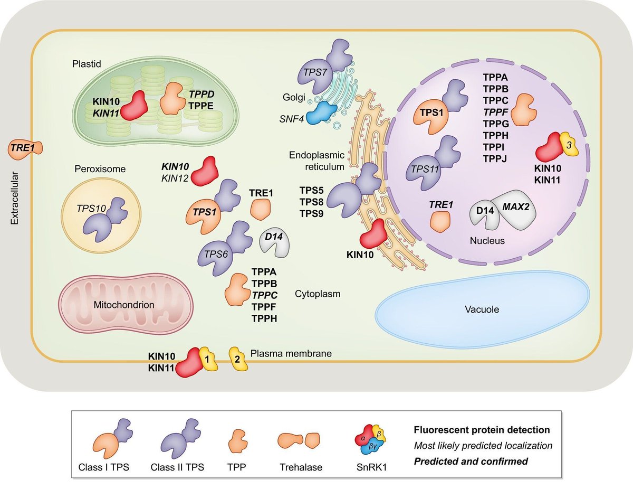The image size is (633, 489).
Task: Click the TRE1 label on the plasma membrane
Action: point(23,148)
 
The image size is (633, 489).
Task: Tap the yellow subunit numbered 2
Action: point(238,359)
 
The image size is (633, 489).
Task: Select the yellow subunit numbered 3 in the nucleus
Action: point(569,144)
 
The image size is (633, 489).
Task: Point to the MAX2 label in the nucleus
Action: point(515,206)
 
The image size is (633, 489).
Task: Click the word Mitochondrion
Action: point(124,305)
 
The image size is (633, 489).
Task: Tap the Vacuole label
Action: point(482,309)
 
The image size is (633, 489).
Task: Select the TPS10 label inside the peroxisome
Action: point(91,208)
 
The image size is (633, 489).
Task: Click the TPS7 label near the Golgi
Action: point(315,72)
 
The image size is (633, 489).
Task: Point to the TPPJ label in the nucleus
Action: point(495,158)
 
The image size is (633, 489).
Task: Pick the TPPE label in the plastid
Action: point(201,106)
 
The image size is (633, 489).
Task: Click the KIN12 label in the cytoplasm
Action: point(175,178)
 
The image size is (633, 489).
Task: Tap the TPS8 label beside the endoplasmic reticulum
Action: point(311,202)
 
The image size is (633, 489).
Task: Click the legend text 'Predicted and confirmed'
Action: point(471,461)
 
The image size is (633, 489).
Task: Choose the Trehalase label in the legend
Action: point(301,467)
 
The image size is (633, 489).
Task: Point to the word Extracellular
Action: point(14,198)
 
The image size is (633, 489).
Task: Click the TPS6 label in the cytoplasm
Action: point(216,254)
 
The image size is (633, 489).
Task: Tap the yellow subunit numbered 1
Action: point(208,359)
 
